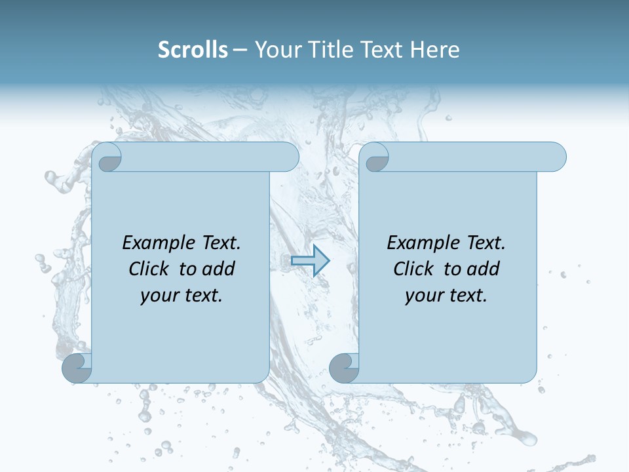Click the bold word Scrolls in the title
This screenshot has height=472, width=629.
tap(193, 50)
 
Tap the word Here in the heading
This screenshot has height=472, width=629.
tap(435, 50)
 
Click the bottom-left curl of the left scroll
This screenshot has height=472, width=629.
tap(77, 368)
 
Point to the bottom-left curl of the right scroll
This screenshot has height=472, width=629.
tap(345, 368)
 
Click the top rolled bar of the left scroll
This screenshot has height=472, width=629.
tap(210, 157)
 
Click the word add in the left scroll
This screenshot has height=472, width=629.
tap(219, 269)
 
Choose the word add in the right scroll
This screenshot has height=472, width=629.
tap(484, 269)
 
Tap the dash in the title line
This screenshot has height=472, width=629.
tap(240, 50)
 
